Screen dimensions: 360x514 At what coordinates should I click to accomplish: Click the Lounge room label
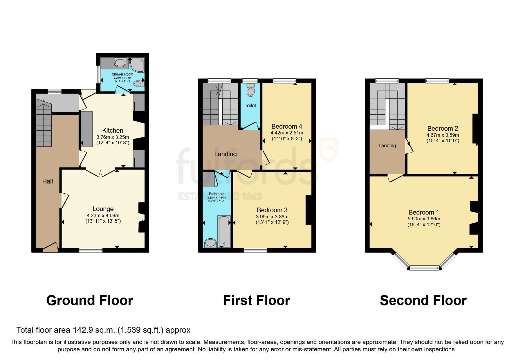tap(103, 209)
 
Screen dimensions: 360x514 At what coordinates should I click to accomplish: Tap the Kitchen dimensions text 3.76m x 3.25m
tap(113, 137)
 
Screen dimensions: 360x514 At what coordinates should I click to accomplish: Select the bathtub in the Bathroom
tap(223, 231)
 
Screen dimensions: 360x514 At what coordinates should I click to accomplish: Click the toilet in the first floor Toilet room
tap(250, 91)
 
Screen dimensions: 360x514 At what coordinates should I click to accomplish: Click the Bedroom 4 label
tap(286, 126)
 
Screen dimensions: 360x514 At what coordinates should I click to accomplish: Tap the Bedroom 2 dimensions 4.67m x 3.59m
tap(443, 135)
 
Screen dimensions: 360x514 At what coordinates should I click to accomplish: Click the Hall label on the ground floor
tap(48, 181)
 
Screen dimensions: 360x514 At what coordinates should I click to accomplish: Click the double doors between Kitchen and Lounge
tap(100, 173)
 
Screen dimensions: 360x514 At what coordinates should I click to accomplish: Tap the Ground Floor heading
tap(89, 300)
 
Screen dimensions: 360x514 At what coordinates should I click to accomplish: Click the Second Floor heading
tap(423, 300)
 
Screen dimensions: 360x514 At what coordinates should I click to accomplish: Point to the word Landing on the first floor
tap(225, 154)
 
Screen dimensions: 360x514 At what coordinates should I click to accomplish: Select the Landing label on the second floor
tap(387, 145)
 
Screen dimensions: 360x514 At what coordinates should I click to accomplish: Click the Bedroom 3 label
tap(272, 210)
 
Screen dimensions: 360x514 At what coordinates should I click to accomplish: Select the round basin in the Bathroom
tap(210, 243)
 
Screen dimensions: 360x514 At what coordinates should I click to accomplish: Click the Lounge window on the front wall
tap(91, 250)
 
